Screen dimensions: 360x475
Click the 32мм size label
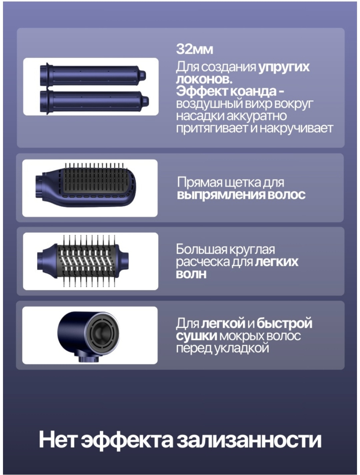[x=194, y=49]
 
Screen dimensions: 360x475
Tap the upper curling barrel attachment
[x=93, y=75]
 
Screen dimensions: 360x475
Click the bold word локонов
[x=204, y=79]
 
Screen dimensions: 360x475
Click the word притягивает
[x=212, y=128]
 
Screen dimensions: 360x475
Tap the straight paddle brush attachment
[x=86, y=184]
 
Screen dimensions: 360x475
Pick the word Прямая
[x=200, y=182]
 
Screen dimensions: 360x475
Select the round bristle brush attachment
[x=83, y=261]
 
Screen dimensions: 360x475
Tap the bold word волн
[x=191, y=274]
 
